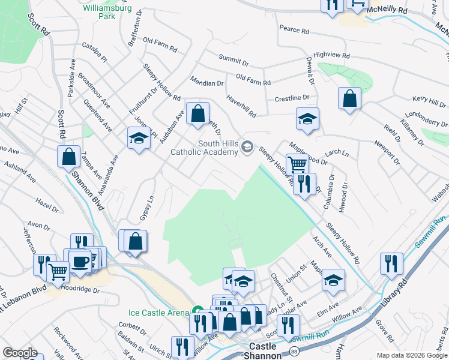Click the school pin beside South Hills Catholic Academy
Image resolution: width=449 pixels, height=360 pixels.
[x=247, y=147]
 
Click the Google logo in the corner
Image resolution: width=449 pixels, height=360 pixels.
[x=20, y=353]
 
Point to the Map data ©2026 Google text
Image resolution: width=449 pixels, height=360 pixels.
[x=412, y=355]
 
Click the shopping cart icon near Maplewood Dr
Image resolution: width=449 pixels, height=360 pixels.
[x=297, y=163]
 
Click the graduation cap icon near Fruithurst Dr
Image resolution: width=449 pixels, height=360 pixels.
[x=139, y=138]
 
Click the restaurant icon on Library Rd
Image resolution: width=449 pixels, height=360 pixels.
[x=391, y=263]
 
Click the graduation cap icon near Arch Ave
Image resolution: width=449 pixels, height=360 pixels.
[x=333, y=279]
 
